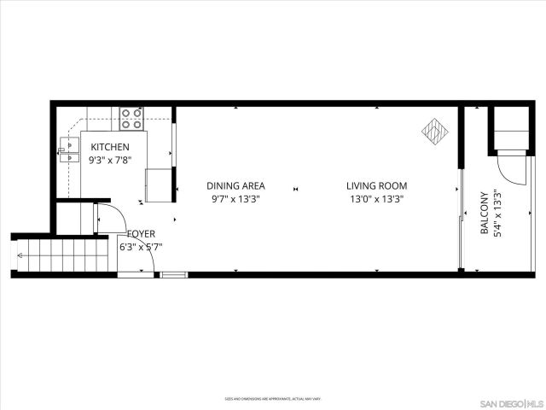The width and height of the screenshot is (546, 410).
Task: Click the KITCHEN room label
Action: point(110,147)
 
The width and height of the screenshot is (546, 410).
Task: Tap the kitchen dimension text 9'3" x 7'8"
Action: point(110,159)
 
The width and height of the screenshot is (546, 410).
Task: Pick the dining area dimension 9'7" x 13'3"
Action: point(235,199)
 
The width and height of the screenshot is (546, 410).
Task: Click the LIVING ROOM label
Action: point(376,185)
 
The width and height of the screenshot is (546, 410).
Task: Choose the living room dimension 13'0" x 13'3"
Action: point(376,199)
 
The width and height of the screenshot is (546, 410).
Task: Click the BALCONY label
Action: point(485,213)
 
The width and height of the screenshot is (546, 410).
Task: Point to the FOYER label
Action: point(141,233)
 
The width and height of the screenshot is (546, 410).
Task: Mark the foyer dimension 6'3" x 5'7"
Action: point(141,247)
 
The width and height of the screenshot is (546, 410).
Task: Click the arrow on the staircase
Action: point(20,255)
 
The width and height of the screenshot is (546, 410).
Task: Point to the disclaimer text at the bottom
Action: point(273,398)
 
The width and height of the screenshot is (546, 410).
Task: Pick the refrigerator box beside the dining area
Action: point(158,184)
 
